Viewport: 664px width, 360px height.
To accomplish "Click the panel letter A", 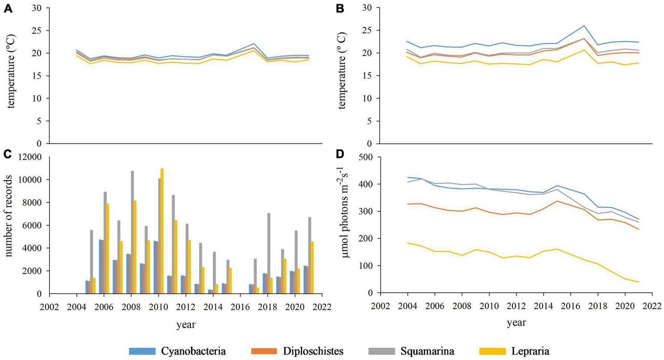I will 8,9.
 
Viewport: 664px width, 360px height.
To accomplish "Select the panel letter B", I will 340,9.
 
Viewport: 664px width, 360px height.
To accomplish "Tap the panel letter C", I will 8,154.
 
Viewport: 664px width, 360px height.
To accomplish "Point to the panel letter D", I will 340,154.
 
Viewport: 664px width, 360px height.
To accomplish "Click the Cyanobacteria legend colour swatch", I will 142,351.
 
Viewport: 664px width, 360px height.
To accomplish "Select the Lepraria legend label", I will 530,351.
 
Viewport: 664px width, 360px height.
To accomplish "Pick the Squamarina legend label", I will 427,351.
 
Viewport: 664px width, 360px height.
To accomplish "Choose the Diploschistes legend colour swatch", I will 264,351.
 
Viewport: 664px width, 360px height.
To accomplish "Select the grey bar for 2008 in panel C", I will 132,232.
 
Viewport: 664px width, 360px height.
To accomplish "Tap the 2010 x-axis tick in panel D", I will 489,306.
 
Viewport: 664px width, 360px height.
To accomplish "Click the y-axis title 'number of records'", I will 9,216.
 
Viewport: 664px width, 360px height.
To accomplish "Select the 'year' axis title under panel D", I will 516,323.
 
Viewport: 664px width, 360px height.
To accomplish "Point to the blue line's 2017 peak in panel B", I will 584,26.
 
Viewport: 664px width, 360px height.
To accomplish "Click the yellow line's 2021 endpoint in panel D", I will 638,282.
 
